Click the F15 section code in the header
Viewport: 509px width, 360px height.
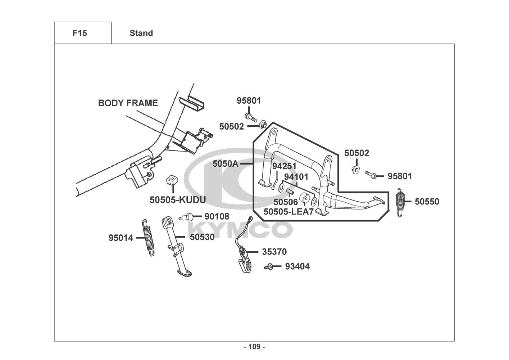coord(80,33)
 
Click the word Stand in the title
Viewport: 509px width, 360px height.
coord(141,33)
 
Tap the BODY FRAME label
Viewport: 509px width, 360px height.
coord(128,103)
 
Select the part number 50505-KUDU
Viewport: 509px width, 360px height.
coord(178,200)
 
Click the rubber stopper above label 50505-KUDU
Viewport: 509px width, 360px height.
coord(172,180)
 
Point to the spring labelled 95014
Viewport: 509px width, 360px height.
coord(148,238)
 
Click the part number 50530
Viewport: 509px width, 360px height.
coord(202,237)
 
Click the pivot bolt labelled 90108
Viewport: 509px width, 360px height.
coord(186,217)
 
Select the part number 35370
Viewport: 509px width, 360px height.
coord(274,252)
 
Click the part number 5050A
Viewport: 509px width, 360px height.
coord(225,164)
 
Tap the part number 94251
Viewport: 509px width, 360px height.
coord(285,166)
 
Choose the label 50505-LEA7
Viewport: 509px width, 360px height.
coord(288,211)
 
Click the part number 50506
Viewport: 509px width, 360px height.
coord(285,202)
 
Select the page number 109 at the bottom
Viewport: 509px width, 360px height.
coord(254,347)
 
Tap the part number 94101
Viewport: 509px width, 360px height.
coord(296,177)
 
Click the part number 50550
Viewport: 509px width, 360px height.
coord(427,202)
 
